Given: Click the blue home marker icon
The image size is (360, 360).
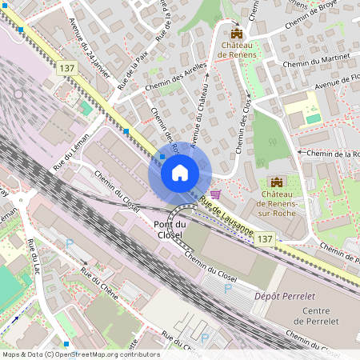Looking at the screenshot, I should pyautogui.click(x=179, y=172).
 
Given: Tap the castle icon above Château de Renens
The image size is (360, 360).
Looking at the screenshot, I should pyautogui.click(x=236, y=33).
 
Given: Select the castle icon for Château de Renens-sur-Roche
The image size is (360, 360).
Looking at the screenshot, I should pyautogui.click(x=277, y=182).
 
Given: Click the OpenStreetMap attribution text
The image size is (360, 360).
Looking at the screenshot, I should pyautogui.click(x=80, y=354).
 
